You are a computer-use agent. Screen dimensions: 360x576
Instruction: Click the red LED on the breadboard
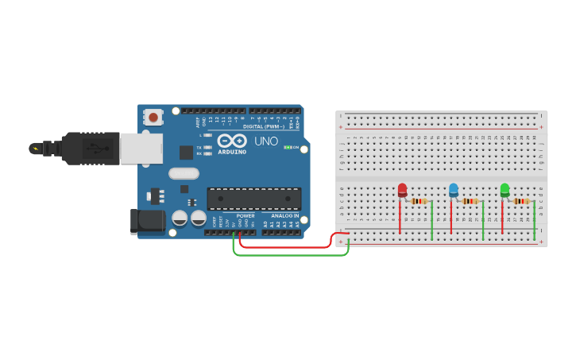pyautogui.click(x=402, y=189)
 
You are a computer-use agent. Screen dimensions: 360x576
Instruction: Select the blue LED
pyautogui.click(x=454, y=189)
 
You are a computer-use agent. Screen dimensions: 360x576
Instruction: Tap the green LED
pyautogui.click(x=504, y=189)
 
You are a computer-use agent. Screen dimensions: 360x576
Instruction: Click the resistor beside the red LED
pyautogui.click(x=419, y=201)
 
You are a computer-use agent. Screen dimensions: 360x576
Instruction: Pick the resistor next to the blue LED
pyautogui.click(x=470, y=201)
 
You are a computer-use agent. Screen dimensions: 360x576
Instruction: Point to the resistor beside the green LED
pyautogui.click(x=521, y=201)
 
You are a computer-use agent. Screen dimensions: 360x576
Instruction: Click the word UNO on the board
pyautogui.click(x=266, y=141)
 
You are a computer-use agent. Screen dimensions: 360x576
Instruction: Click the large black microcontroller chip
pyautogui.click(x=254, y=198)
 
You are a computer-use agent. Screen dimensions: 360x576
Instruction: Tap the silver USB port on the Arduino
pyautogui.click(x=141, y=149)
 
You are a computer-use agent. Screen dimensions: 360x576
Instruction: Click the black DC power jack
pyautogui.click(x=147, y=222)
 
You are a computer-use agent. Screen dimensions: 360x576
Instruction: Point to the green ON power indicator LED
pyautogui.click(x=287, y=147)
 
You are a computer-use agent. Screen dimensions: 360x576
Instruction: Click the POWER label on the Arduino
pyautogui.click(x=245, y=215)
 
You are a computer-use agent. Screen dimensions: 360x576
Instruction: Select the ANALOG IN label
pyautogui.click(x=285, y=215)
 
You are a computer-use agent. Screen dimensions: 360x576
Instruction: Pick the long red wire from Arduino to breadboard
pyautogui.click(x=286, y=247)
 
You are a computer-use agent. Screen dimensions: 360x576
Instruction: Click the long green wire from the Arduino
pyautogui.click(x=290, y=256)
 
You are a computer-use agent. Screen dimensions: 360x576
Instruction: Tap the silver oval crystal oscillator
pyautogui.click(x=184, y=173)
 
